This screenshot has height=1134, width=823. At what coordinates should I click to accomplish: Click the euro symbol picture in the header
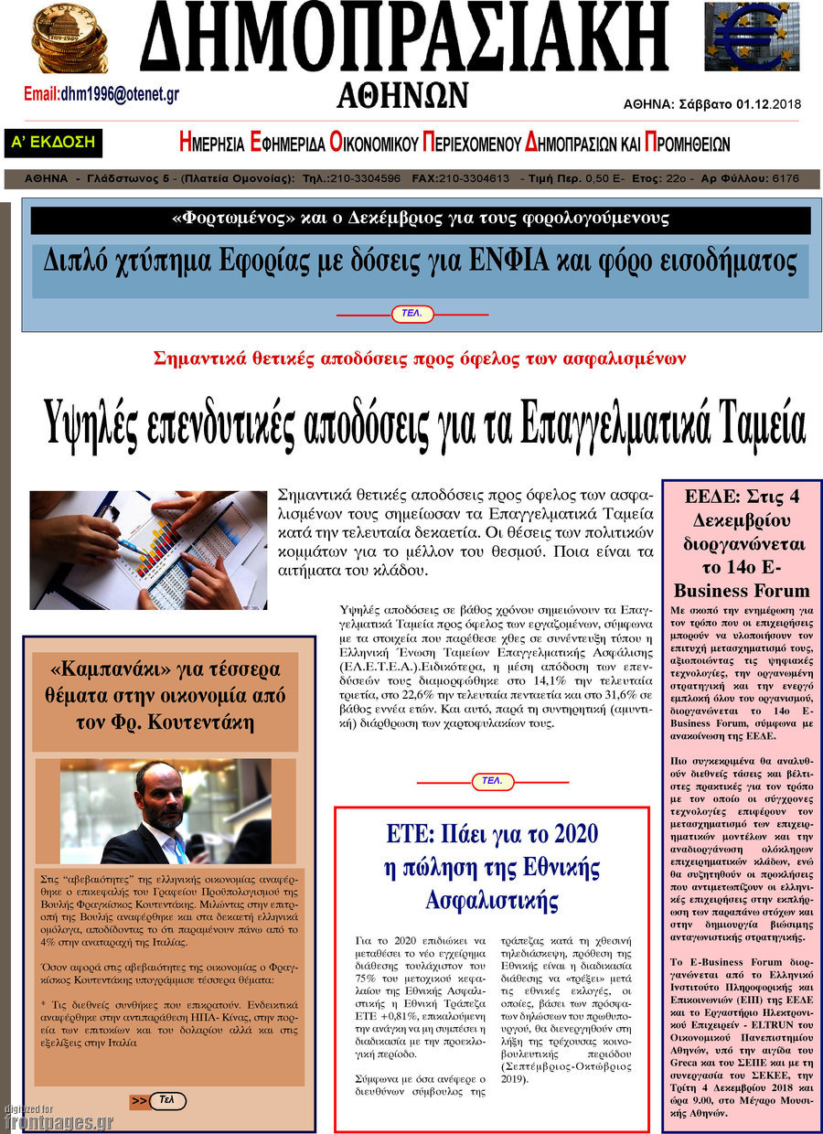(x=752, y=37)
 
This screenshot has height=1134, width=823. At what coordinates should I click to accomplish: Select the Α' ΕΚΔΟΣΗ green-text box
(x=53, y=142)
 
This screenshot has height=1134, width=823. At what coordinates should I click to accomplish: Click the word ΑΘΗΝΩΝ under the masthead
(x=402, y=95)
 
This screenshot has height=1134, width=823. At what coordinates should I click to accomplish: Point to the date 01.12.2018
(x=767, y=104)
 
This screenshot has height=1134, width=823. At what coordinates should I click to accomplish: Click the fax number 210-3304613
(x=474, y=178)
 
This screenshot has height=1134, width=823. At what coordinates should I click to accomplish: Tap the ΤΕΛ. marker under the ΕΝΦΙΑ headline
(x=411, y=314)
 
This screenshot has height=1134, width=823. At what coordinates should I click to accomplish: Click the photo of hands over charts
(x=148, y=550)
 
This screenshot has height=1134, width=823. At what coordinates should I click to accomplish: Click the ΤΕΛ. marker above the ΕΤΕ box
(x=492, y=781)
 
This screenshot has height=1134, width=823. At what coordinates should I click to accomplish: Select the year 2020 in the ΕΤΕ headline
(x=573, y=834)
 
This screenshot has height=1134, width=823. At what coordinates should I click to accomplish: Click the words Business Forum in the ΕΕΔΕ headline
(x=742, y=590)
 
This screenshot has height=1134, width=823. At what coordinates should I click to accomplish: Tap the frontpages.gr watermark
(x=59, y=1122)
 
